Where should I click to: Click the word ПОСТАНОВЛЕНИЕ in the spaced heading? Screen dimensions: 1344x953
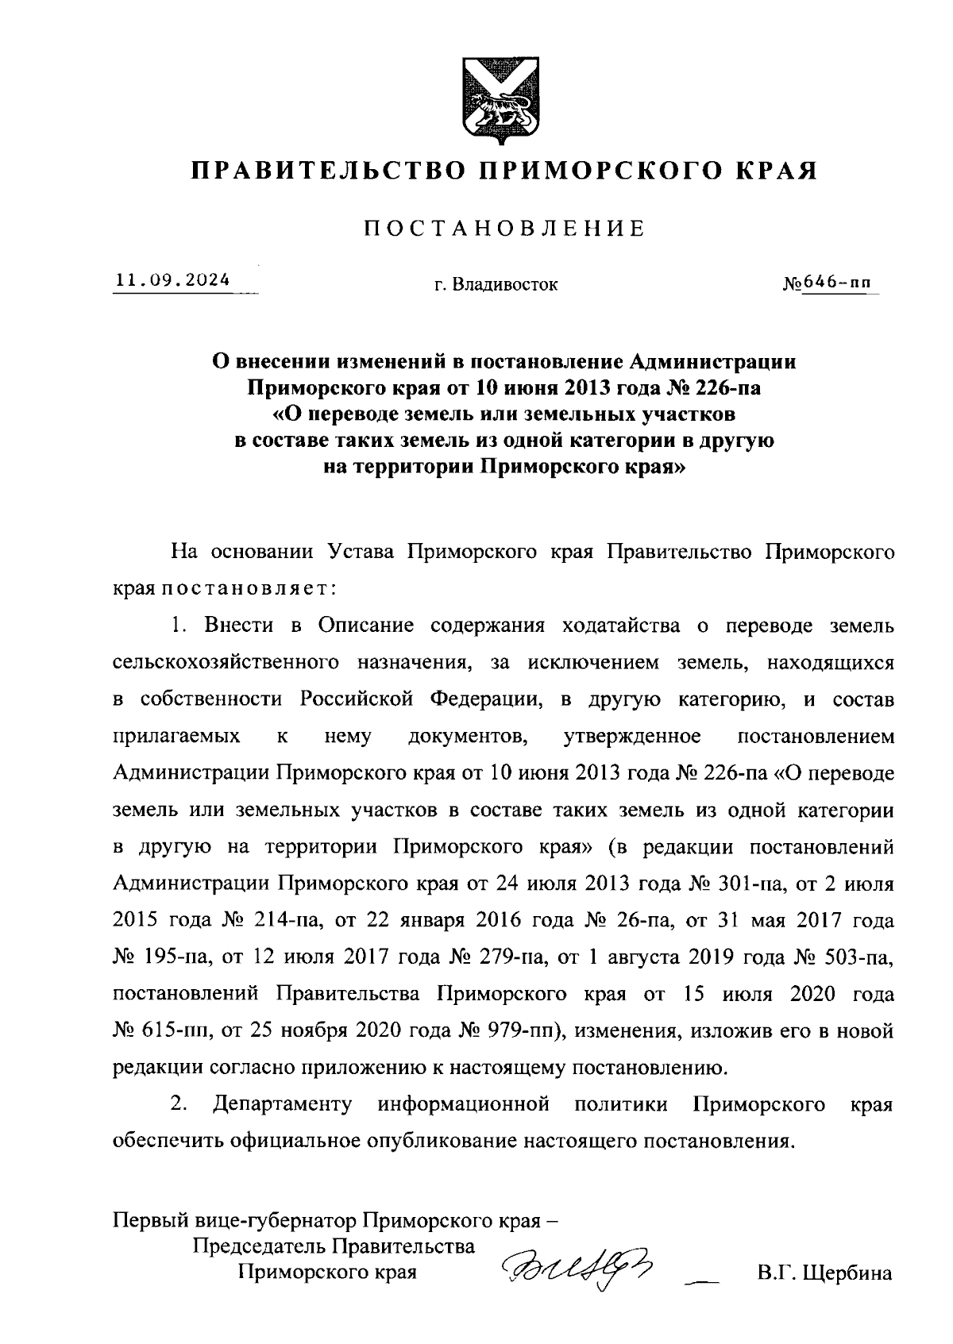[x=504, y=229]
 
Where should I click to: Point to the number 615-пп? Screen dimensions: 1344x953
[x=176, y=1031]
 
